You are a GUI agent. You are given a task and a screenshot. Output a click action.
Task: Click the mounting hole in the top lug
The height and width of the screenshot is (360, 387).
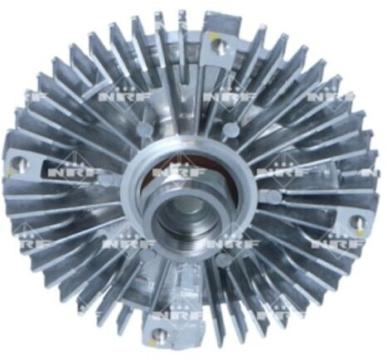pyautogui.click(x=220, y=45)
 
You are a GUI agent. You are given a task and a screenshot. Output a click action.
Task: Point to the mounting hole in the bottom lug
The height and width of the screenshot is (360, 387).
pyautogui.click(x=160, y=335)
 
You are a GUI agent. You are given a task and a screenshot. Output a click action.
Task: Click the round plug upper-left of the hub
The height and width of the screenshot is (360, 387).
pyautogui.click(x=146, y=129)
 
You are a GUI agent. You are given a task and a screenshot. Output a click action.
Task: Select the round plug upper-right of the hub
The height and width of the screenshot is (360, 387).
pyautogui.click(x=231, y=129)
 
